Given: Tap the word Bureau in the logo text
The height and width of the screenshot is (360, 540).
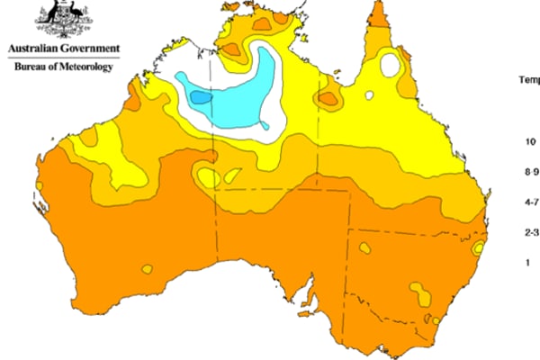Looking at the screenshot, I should pos(30,67).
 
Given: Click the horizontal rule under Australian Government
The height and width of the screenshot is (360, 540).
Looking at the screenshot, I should pos(62,57).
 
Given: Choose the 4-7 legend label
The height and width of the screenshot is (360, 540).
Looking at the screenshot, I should pos(532,202).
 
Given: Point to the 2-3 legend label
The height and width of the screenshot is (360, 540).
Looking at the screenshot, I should pos(532,232).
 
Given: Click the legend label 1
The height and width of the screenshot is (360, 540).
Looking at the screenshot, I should pos(528,262).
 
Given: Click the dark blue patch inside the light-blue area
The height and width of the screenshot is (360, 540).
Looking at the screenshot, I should pos(200,94).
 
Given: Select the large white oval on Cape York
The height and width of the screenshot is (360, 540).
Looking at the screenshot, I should pos(391,65).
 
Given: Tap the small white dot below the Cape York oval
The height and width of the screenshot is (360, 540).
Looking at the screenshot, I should pos(370,94).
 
